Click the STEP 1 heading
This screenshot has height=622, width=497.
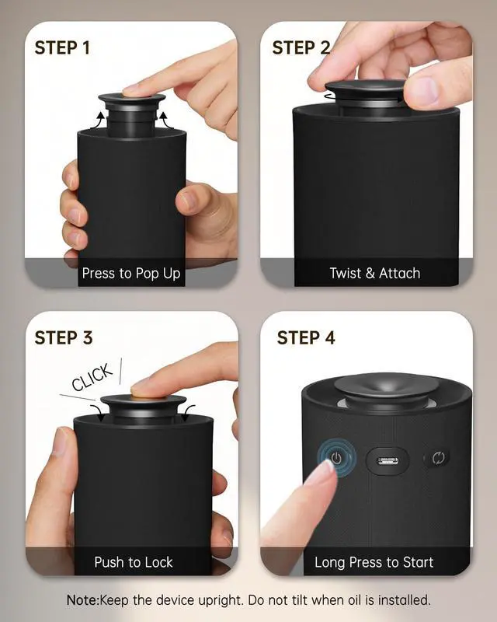62,48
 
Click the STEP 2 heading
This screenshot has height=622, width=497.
301,48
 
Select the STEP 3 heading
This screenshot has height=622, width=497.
64,338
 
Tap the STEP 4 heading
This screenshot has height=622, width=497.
306,338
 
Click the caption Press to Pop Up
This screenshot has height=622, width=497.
131,274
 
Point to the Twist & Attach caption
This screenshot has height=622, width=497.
375,274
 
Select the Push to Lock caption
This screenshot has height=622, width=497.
134,562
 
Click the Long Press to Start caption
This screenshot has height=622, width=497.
374,562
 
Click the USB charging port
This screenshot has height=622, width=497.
388,460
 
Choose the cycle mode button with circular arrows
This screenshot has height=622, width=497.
438,458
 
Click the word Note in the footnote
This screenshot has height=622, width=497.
82,600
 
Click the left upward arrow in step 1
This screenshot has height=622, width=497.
99,121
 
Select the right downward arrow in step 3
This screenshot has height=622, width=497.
189,413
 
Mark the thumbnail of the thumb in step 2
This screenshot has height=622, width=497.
423,89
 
